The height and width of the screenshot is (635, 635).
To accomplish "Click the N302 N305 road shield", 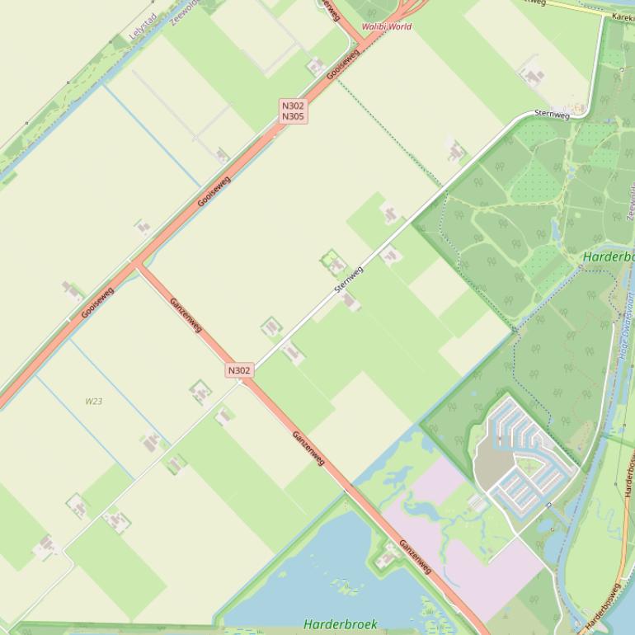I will click(x=293, y=111).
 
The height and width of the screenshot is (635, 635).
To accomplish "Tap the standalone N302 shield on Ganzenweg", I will click(x=239, y=370).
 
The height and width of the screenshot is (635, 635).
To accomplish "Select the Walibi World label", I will click(x=386, y=26).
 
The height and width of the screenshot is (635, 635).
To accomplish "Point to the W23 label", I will click(x=94, y=402).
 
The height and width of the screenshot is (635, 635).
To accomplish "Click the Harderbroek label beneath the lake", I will click(x=341, y=624).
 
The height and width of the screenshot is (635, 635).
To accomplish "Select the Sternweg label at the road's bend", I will click(x=552, y=114).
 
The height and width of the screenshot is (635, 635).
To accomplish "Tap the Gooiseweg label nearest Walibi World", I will click(x=343, y=63).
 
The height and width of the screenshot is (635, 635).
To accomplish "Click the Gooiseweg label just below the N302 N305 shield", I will click(x=214, y=190).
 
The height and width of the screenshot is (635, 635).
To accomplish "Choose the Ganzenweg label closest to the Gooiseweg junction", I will click(x=186, y=314).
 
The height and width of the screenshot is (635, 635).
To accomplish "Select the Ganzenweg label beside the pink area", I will click(x=415, y=557).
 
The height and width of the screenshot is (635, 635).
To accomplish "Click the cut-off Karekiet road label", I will click(x=623, y=16).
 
